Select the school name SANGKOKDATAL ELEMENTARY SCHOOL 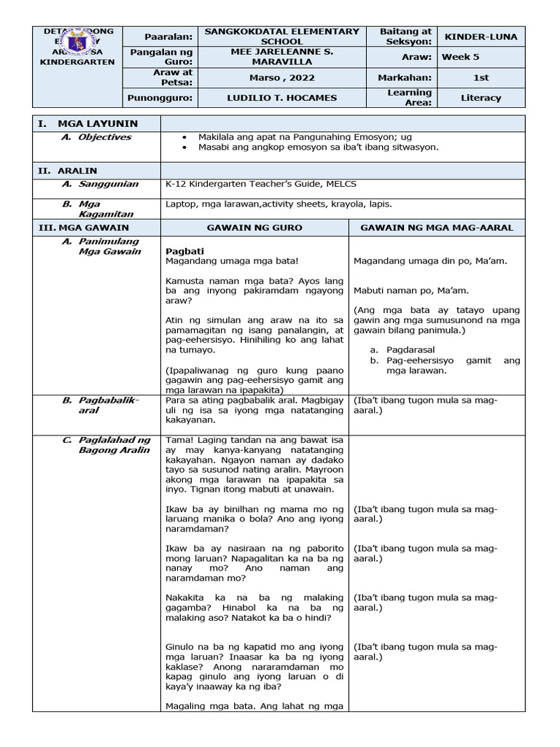[x=281, y=36]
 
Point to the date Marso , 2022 [x=281, y=77]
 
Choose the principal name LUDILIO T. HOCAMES [x=281, y=97]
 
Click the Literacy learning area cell [x=481, y=97]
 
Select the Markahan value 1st [x=481, y=77]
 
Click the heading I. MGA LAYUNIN [x=88, y=123]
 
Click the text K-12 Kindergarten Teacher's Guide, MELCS [x=261, y=185]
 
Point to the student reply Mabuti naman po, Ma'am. [x=411, y=290]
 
